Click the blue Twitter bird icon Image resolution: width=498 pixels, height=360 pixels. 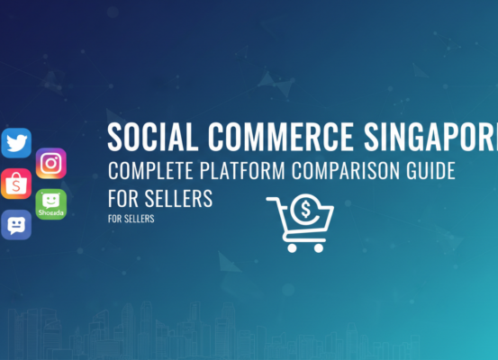tap(16, 143)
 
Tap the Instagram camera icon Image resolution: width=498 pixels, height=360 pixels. tap(51, 163)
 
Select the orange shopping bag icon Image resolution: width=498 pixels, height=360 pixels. tap(15, 183)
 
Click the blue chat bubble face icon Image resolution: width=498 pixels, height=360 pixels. tap(16, 224)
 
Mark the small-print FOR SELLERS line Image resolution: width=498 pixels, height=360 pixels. tap(131, 217)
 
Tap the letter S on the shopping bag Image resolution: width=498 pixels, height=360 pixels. tap(15, 185)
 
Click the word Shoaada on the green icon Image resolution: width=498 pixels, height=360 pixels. tap(50, 213)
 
